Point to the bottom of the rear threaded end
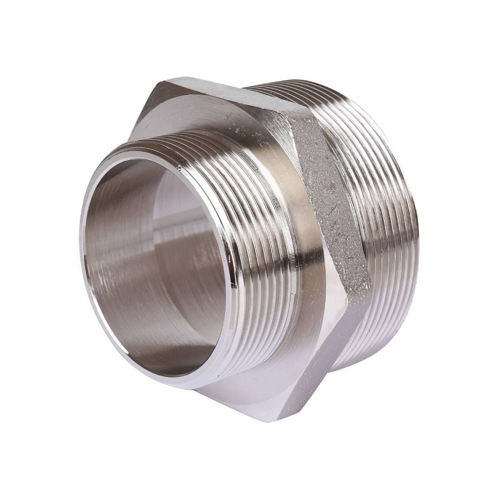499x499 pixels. point(359,364)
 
